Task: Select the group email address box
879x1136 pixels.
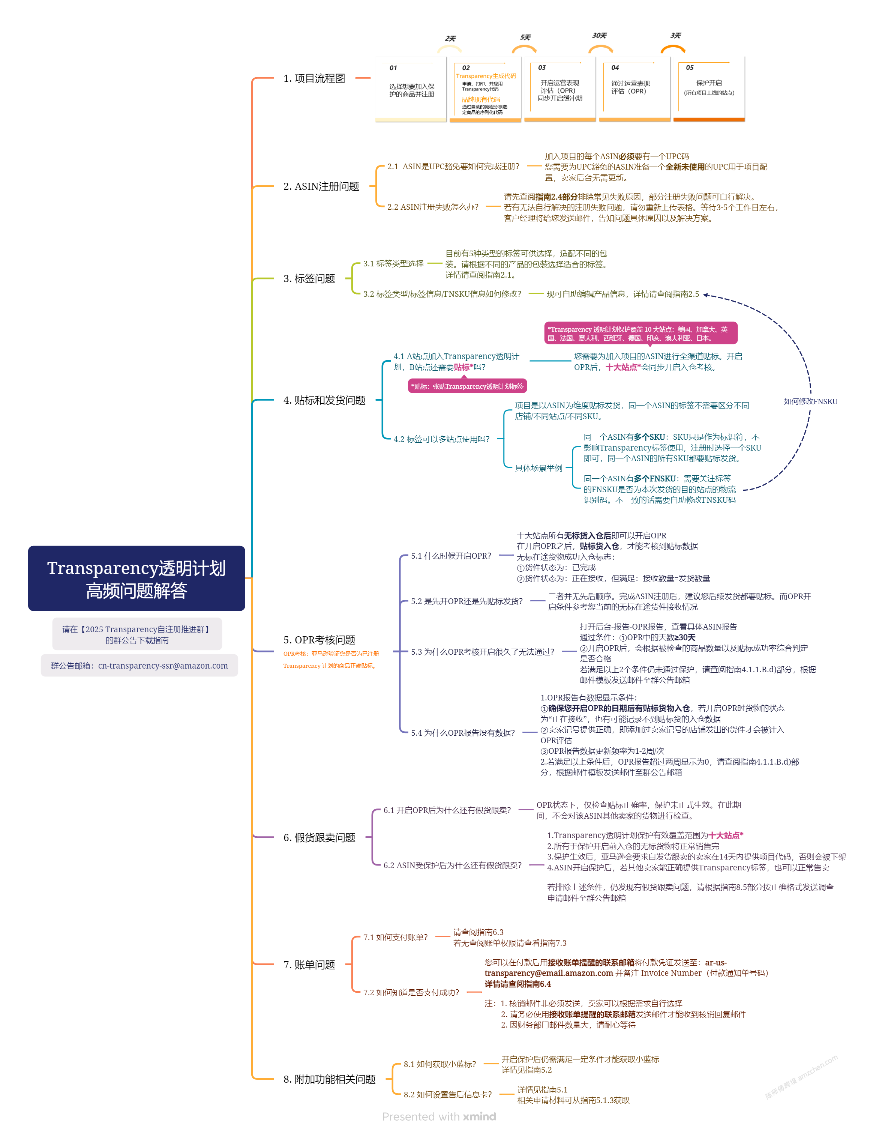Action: (139, 665)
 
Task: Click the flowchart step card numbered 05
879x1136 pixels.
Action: (709, 89)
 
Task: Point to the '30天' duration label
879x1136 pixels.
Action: (599, 35)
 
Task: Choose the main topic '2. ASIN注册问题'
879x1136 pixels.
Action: (321, 186)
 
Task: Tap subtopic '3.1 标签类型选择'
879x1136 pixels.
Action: (393, 264)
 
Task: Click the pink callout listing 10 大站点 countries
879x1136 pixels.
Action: (640, 333)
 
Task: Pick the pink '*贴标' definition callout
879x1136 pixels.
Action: (467, 386)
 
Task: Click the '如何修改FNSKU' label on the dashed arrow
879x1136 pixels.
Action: (810, 401)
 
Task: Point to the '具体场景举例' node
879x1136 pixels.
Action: (538, 467)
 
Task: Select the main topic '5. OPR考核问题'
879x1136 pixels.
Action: (319, 640)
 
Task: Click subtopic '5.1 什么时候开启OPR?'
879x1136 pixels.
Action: (451, 556)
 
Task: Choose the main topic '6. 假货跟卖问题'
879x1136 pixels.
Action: (319, 837)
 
